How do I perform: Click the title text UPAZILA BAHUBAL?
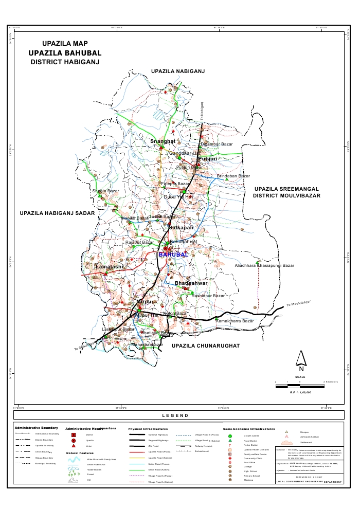point(65,53)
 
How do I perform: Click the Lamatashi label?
point(110,267)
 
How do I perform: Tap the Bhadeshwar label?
point(191,283)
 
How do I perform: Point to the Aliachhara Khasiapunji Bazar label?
point(264,266)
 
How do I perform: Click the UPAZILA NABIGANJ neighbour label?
point(177,70)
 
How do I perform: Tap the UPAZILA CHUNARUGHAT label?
point(206,347)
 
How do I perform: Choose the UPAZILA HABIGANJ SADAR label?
point(57,213)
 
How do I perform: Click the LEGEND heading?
point(175,415)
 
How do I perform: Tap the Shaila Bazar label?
point(105,191)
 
